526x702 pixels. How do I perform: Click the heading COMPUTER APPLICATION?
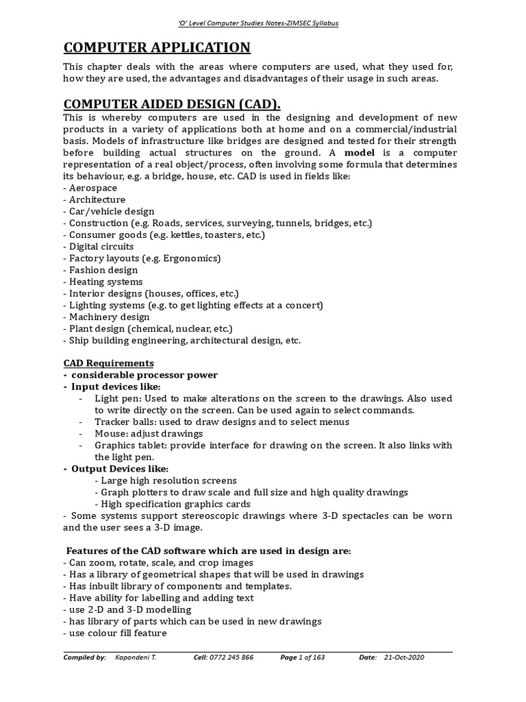(157, 47)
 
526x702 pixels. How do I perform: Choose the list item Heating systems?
(103, 282)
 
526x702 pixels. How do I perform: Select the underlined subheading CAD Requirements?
(108, 363)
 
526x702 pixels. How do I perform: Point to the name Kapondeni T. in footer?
(135, 657)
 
